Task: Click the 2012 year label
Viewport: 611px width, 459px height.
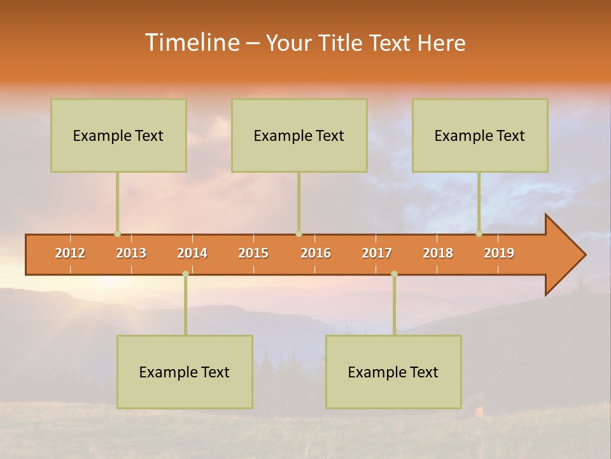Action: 70,253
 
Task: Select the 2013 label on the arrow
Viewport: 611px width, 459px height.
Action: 131,253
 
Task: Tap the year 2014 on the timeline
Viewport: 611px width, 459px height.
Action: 192,253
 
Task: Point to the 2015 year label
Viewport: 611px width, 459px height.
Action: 253,253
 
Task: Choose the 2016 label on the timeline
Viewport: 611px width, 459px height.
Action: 316,253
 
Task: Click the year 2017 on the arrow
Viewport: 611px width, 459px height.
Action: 377,253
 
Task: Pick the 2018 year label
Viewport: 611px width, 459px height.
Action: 438,253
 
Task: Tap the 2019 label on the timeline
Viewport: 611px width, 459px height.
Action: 499,253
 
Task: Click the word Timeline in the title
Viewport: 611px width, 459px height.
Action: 191,43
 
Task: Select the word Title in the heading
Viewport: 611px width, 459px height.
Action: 342,43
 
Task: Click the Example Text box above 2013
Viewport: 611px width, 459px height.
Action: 118,135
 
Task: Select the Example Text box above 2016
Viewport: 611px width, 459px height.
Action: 299,135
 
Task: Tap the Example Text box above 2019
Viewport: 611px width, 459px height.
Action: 480,135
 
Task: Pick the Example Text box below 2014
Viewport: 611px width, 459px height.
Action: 185,372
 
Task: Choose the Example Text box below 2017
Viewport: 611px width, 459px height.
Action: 393,372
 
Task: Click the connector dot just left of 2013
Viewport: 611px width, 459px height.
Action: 117,234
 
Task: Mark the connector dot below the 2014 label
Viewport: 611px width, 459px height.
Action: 185,273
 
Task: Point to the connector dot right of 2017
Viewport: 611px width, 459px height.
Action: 394,273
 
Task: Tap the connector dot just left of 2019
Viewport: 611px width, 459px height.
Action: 479,234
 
